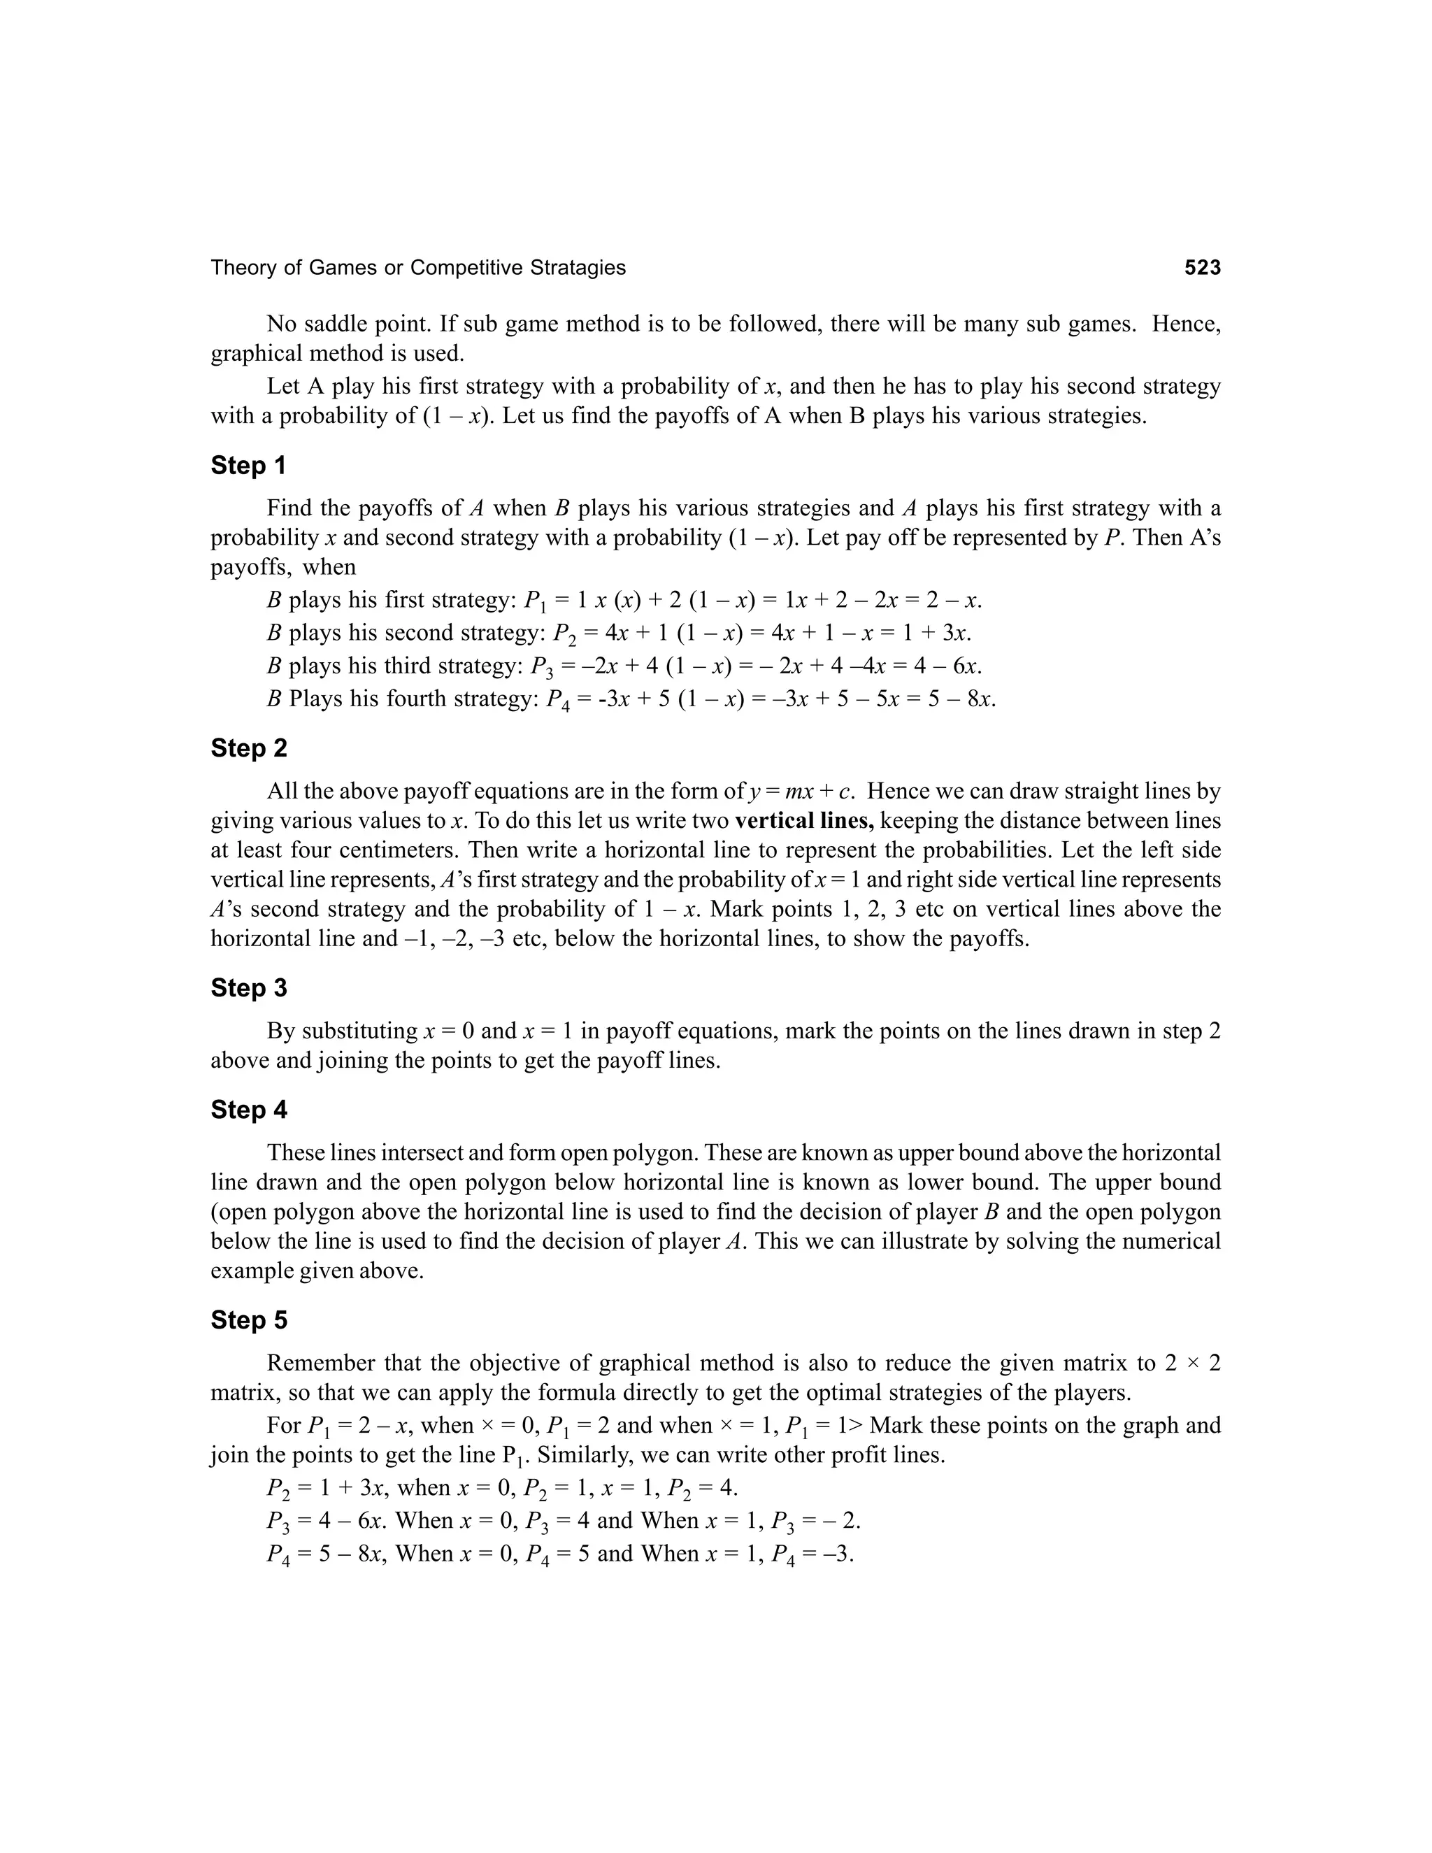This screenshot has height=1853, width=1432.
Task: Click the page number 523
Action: coord(1202,268)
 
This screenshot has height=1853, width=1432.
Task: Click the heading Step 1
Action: coord(248,466)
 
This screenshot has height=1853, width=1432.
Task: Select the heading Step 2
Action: coord(248,748)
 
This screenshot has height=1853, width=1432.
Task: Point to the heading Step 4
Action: coord(248,1110)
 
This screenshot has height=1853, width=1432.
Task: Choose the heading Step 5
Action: coord(248,1320)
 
